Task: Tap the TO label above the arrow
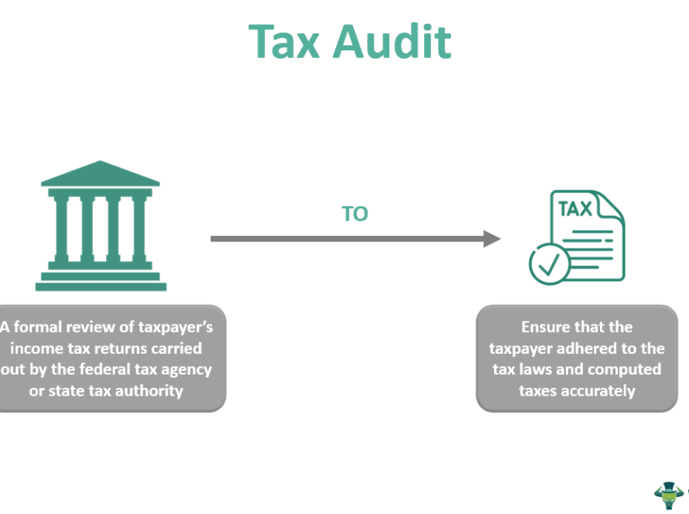click(355, 214)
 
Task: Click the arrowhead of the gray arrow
click(492, 238)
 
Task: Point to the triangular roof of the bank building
click(101, 174)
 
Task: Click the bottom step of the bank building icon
click(101, 286)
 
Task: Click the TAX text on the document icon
click(575, 209)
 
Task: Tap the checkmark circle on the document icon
click(550, 265)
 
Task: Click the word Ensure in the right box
click(547, 327)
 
